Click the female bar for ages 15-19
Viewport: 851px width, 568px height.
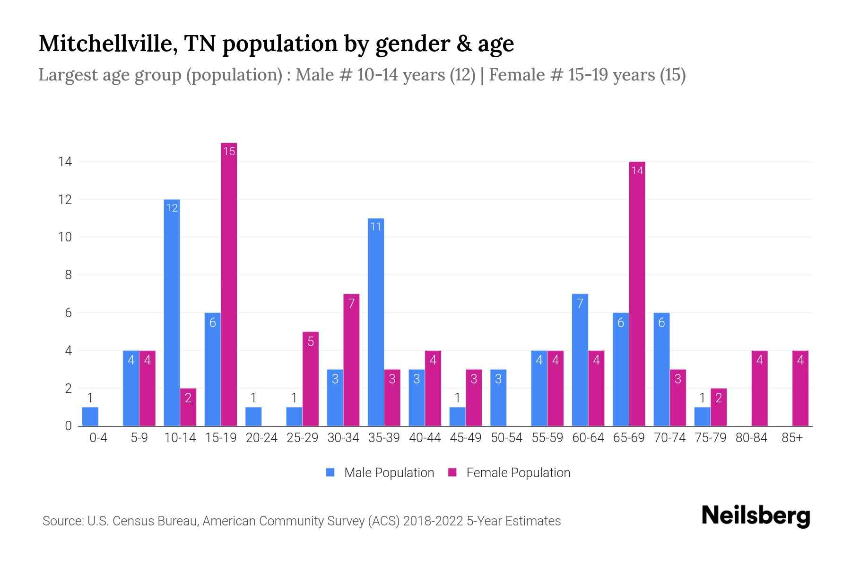pos(229,284)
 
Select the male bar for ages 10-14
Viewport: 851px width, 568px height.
pos(172,312)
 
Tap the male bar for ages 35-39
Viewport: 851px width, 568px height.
pos(376,322)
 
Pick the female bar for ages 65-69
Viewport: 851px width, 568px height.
pos(637,293)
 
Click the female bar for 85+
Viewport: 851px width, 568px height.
pos(800,388)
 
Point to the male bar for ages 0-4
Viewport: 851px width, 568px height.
pos(90,417)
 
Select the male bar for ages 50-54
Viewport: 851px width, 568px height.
pos(498,398)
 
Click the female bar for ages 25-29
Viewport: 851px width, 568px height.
pos(311,379)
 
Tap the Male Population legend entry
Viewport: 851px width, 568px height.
pos(381,473)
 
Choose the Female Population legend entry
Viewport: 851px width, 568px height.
pos(510,473)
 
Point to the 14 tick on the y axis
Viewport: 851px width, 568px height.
pos(65,162)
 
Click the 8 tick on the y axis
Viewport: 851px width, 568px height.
pos(68,275)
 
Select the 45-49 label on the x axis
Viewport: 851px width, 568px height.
pos(465,438)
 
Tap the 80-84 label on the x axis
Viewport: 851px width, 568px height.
pos(751,438)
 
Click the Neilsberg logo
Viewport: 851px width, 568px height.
pos(755,516)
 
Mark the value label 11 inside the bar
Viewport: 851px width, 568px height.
pos(376,227)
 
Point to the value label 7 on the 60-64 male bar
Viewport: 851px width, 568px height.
pos(580,303)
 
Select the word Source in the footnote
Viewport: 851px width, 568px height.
pos(61,521)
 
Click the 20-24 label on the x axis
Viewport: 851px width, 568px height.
pos(261,438)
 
